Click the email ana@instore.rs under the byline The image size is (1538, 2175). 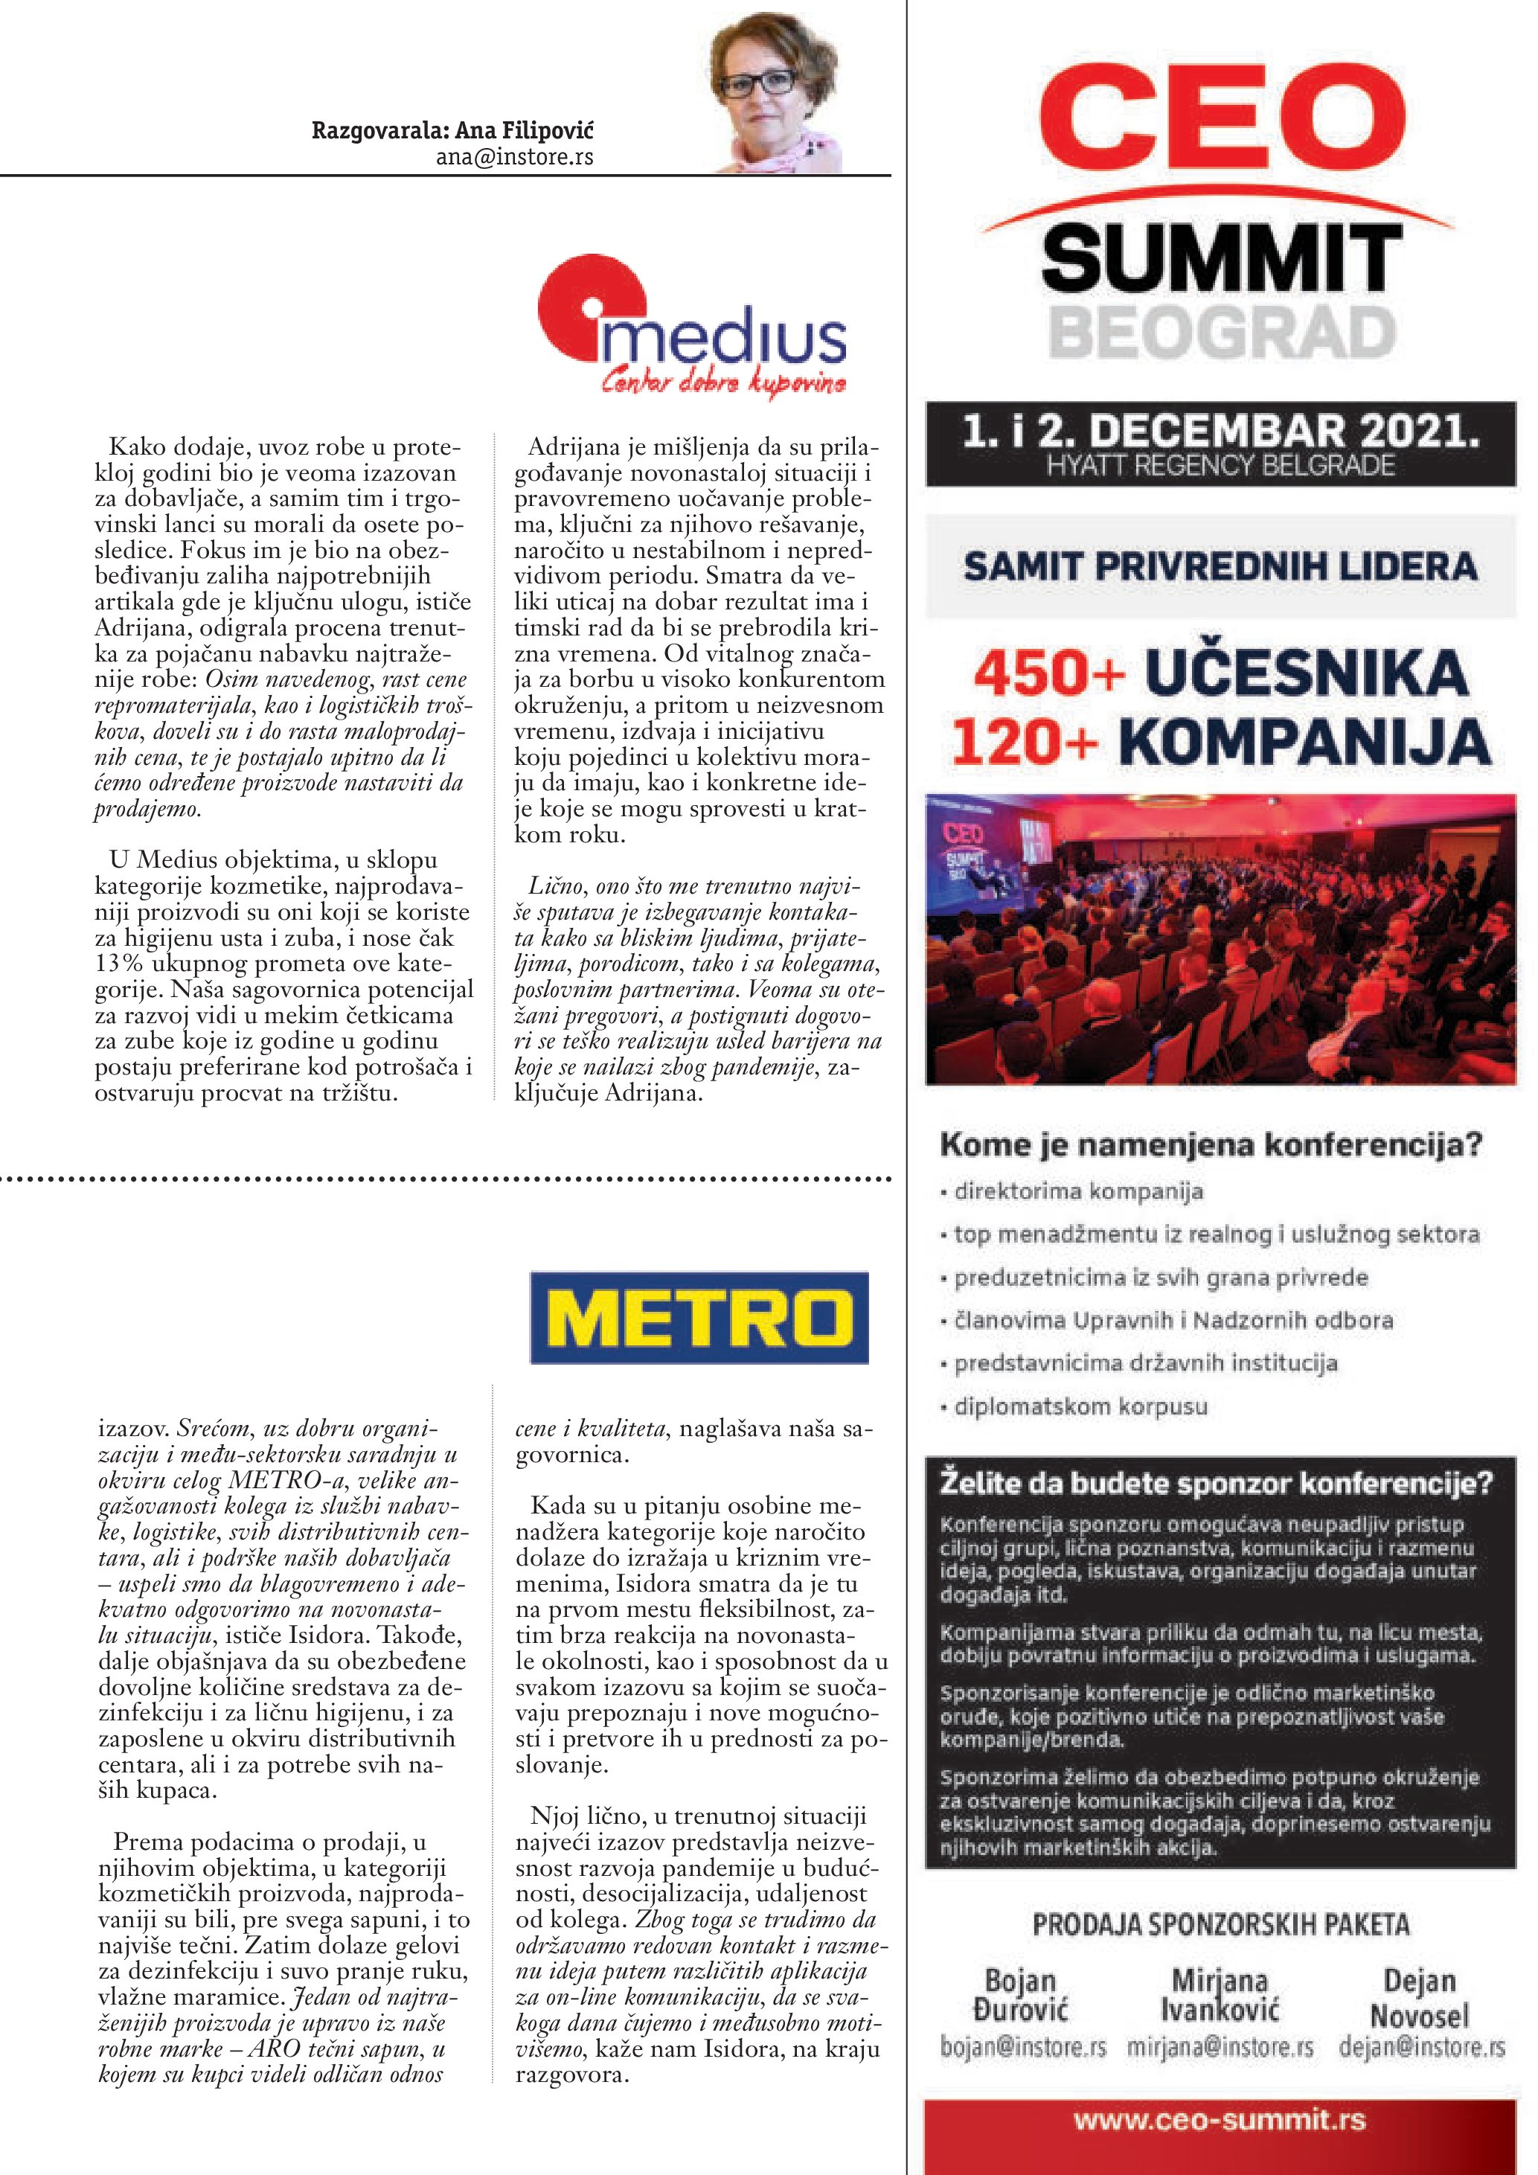(514, 157)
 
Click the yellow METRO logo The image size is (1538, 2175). (699, 1317)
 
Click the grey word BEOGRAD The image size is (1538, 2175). (1222, 333)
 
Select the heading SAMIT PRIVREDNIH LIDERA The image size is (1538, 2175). (1220, 566)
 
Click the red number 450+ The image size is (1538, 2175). (1048, 673)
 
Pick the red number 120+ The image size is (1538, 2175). (1024, 742)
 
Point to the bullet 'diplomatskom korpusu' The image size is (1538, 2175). (1080, 1406)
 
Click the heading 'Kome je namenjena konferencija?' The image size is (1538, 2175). (1211, 1144)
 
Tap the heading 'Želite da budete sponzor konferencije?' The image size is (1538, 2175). (1215, 1482)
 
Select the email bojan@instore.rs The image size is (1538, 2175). (1023, 2047)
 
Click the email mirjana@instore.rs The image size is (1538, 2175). (1220, 2047)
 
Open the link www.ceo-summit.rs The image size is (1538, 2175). (1220, 2119)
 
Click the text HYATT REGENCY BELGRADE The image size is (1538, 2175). (1220, 466)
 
